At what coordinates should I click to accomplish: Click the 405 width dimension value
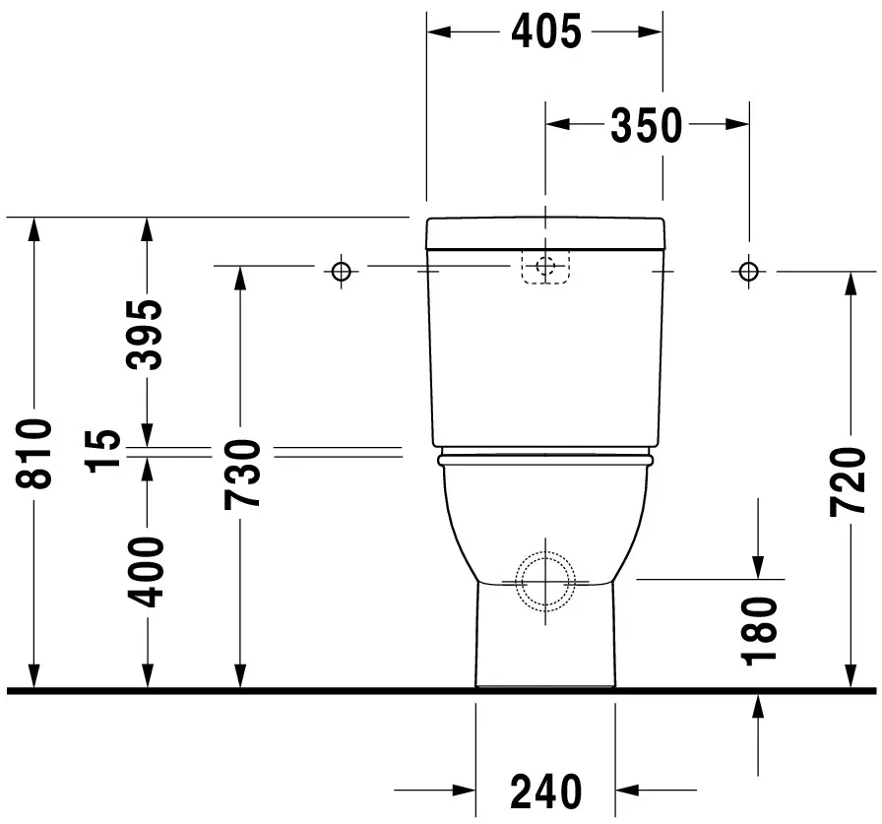pos(546,32)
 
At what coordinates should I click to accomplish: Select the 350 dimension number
pos(647,124)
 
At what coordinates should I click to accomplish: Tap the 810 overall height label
pos(33,453)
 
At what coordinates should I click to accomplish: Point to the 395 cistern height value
pos(144,335)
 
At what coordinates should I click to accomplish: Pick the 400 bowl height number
pos(145,572)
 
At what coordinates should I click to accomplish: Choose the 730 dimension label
pos(242,475)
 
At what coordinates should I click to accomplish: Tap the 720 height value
pos(848,481)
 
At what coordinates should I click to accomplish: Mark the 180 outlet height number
pos(759,631)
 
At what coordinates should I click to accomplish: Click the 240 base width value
pos(545,792)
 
